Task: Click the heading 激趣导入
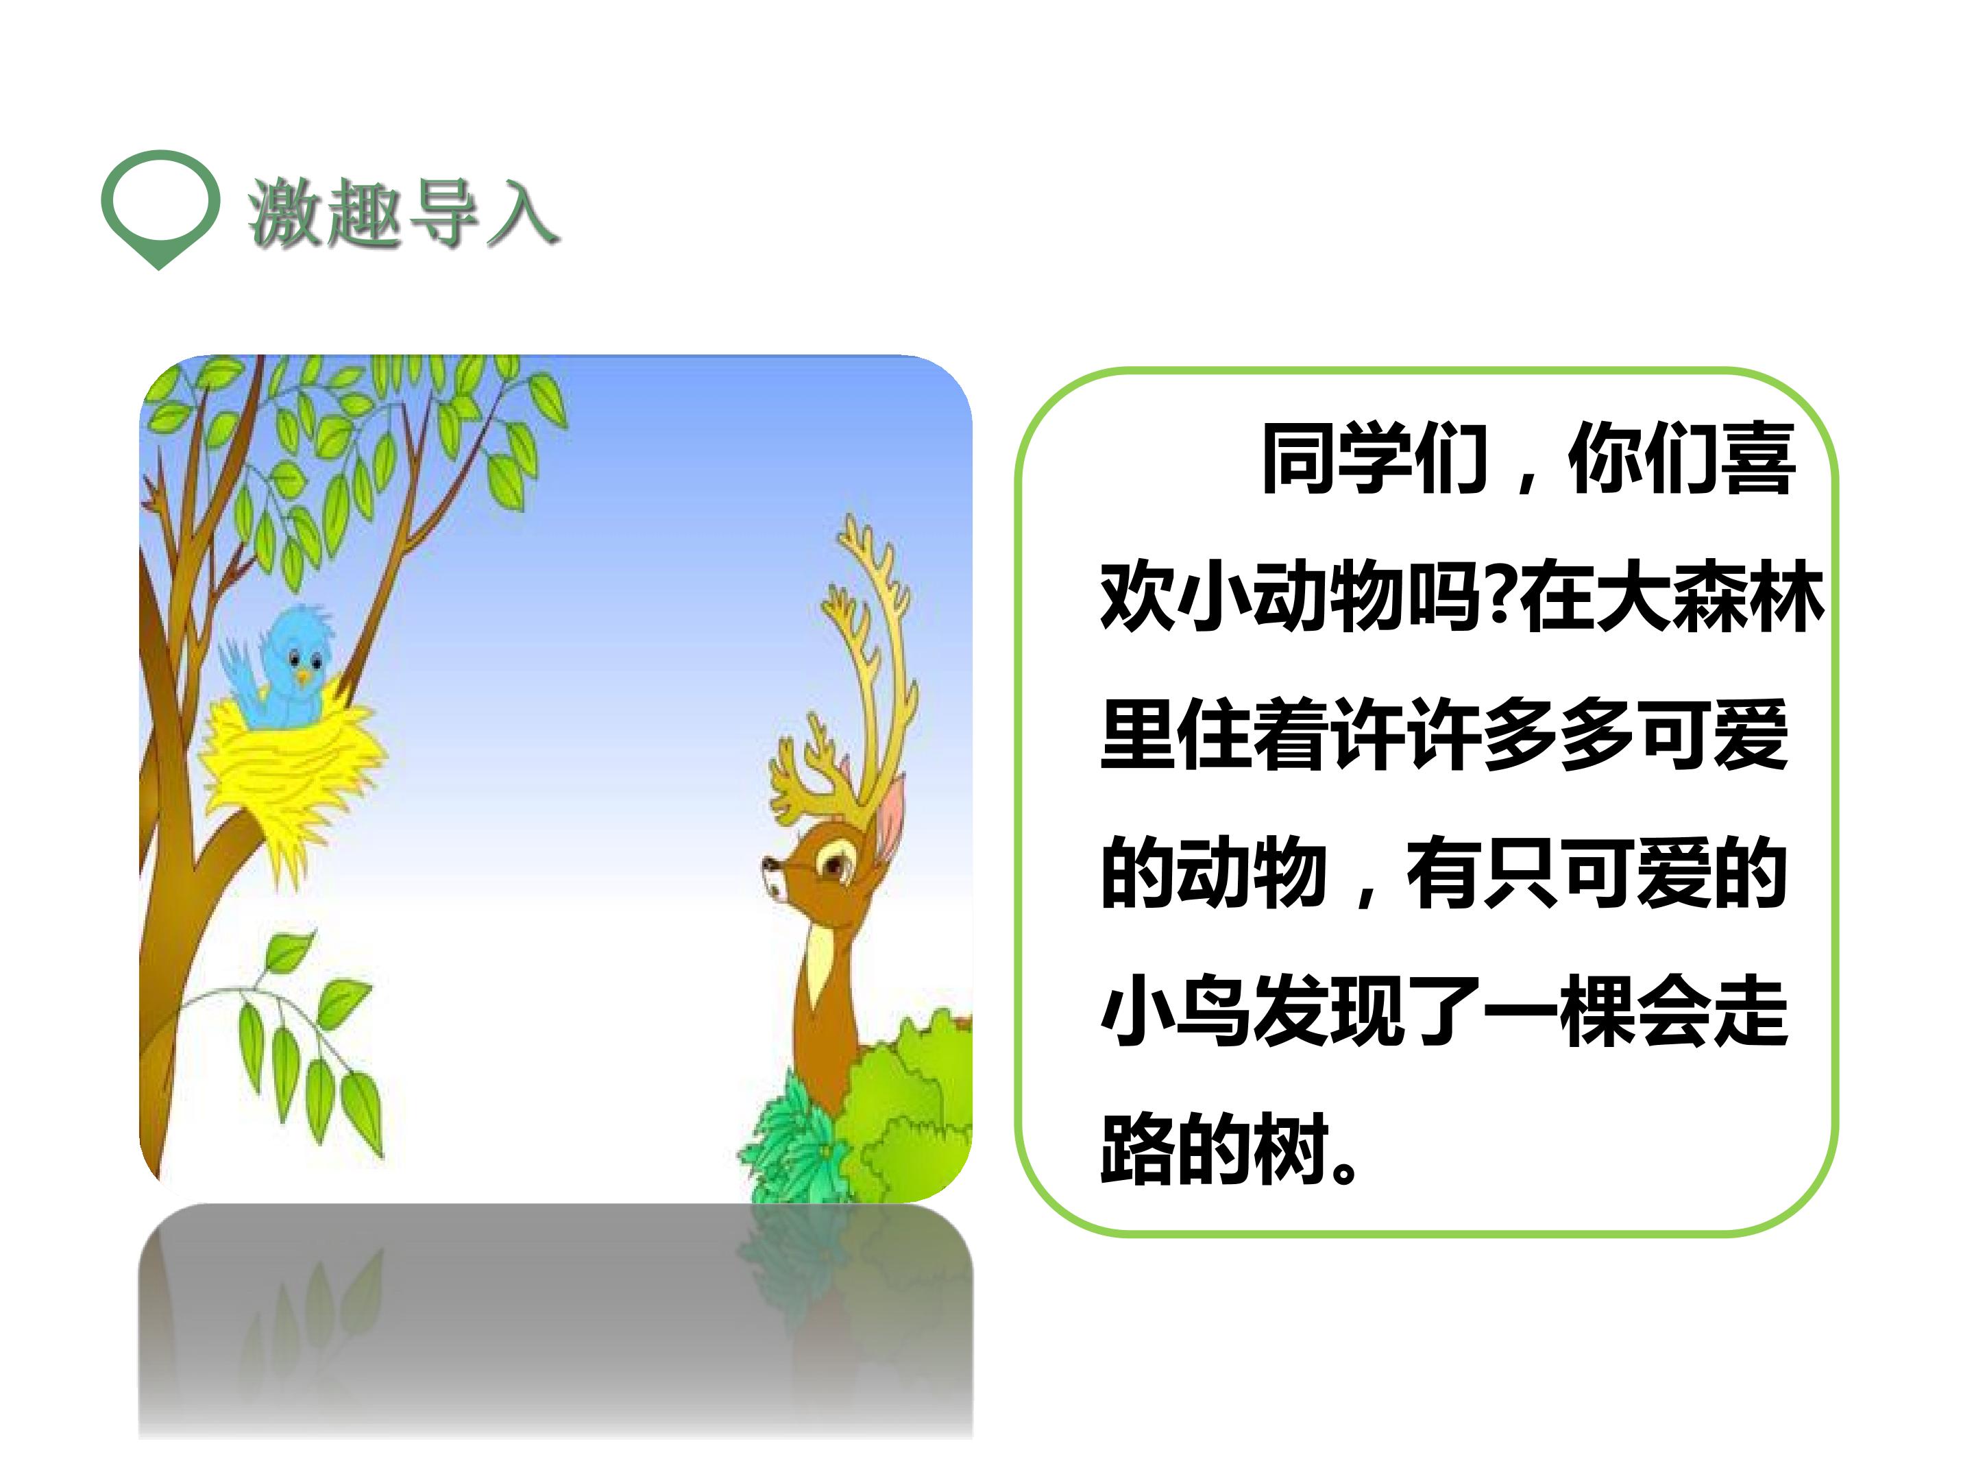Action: (x=402, y=213)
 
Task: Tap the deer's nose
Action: (x=768, y=864)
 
